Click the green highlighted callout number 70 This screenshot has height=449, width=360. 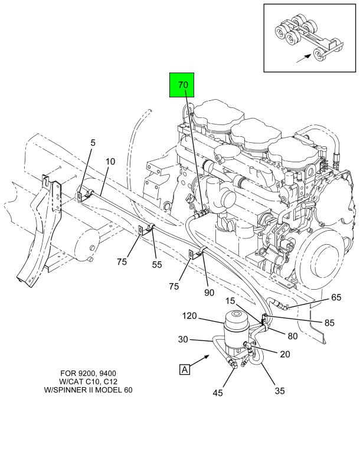pyautogui.click(x=183, y=85)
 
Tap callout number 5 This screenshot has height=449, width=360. pyautogui.click(x=92, y=142)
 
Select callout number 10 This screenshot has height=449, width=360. pyautogui.click(x=110, y=162)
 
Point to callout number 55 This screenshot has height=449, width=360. pyautogui.click(x=157, y=265)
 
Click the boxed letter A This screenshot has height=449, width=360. pyautogui.click(x=184, y=370)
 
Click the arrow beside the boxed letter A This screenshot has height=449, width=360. pyautogui.click(x=203, y=358)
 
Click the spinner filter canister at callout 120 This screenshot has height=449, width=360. pyautogui.click(x=238, y=330)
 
